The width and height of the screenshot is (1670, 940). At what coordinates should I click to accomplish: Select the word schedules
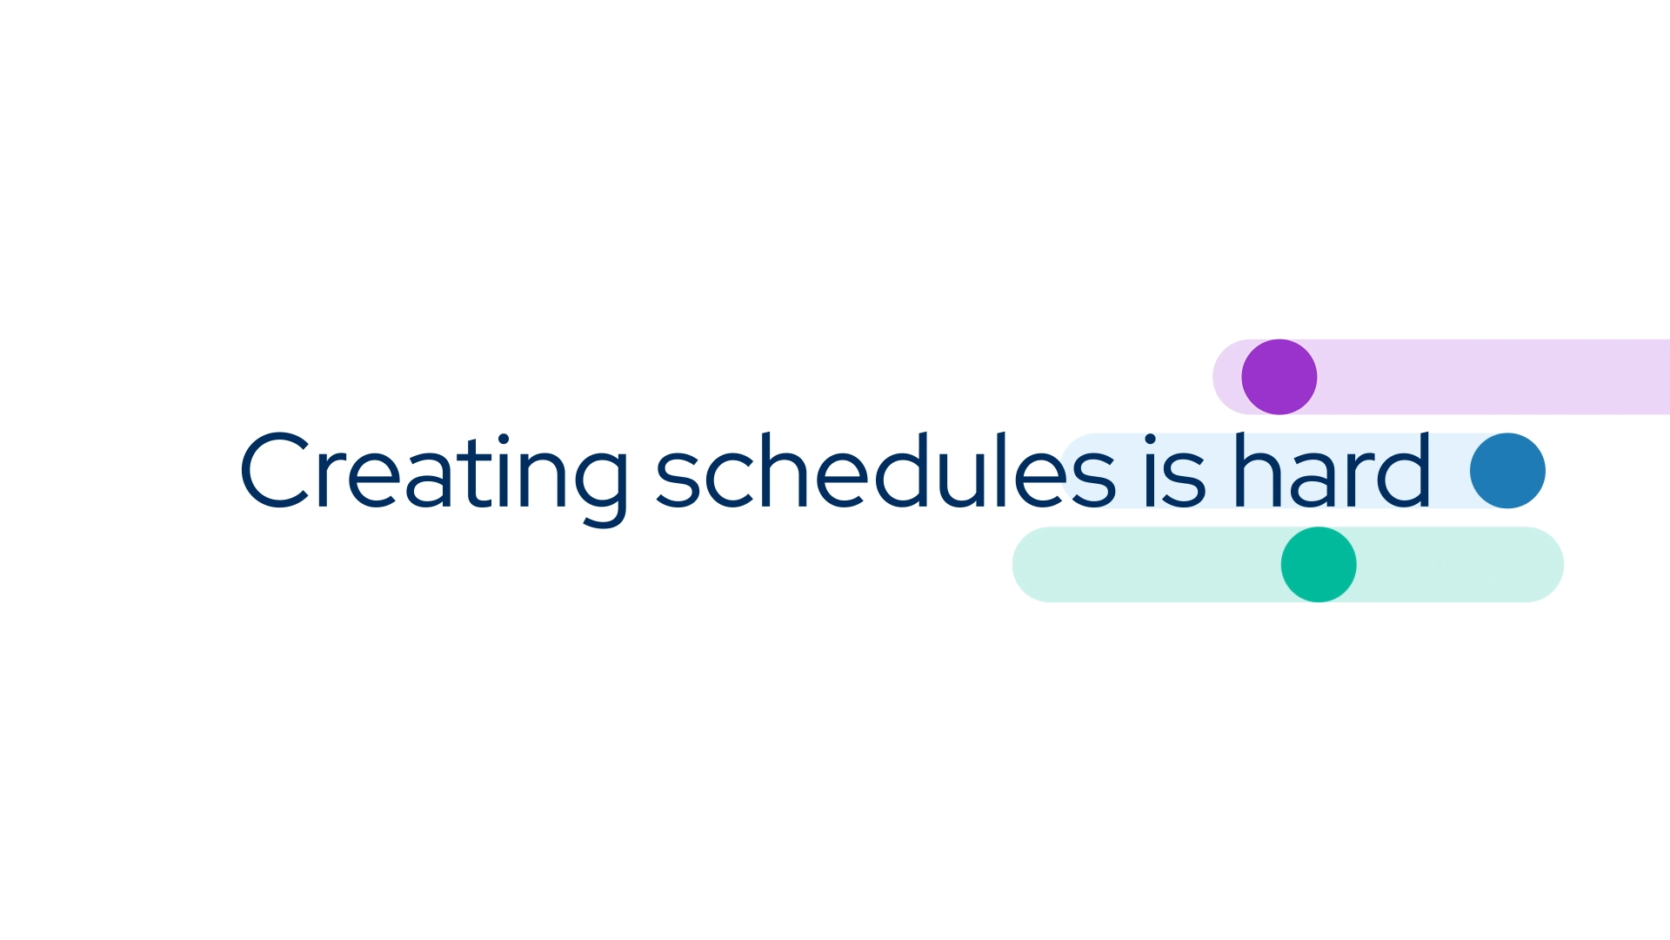[885, 472]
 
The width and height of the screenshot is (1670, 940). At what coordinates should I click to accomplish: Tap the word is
[1174, 472]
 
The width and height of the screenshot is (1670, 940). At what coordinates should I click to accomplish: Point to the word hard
[1332, 470]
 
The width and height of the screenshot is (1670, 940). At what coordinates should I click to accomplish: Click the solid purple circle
[1279, 377]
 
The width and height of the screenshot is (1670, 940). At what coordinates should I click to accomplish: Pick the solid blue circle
[1507, 471]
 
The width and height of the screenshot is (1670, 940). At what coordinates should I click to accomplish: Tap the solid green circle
[1319, 564]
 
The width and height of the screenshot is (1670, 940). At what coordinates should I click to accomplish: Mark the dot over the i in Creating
[503, 439]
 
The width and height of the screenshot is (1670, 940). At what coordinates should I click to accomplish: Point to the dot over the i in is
[1151, 439]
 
